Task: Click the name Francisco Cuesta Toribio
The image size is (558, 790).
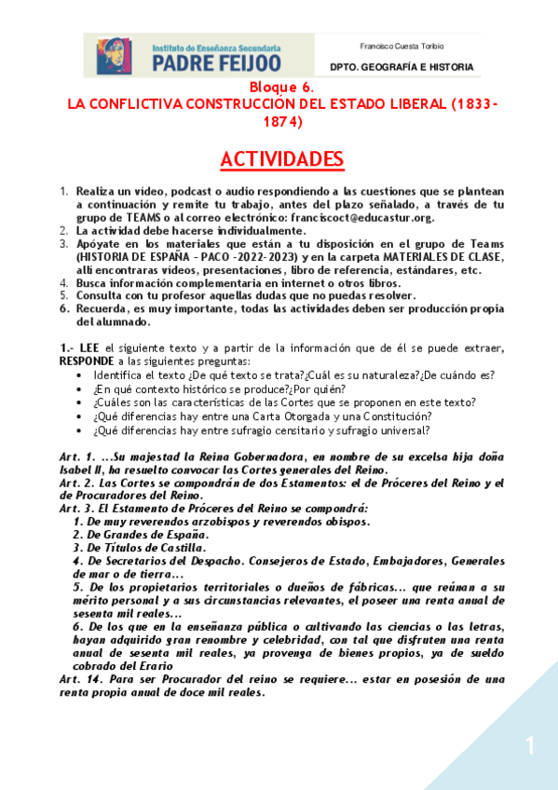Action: pyautogui.click(x=401, y=46)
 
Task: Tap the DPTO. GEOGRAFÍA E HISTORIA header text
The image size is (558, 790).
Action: pyautogui.click(x=401, y=67)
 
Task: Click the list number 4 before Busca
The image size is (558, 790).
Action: pyautogui.click(x=64, y=282)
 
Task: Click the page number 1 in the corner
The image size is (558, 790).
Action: pyautogui.click(x=529, y=745)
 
